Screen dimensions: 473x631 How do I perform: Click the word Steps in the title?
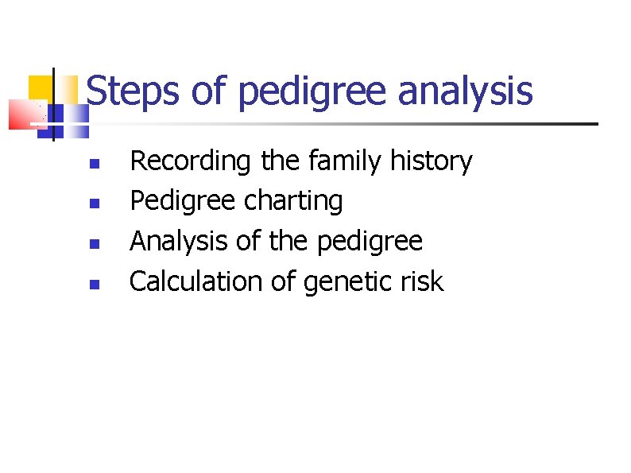[133, 91]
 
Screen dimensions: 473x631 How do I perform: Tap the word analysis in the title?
[465, 91]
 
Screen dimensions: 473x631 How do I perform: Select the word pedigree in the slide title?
[313, 93]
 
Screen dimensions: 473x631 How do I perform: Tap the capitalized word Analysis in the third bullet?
[179, 241]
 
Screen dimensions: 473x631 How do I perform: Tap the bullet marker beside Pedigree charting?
[93, 204]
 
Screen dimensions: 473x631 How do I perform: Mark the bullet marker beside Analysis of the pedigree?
[93, 243]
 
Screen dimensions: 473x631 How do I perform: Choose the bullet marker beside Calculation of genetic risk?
[93, 283]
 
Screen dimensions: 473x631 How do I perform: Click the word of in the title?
[209, 91]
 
